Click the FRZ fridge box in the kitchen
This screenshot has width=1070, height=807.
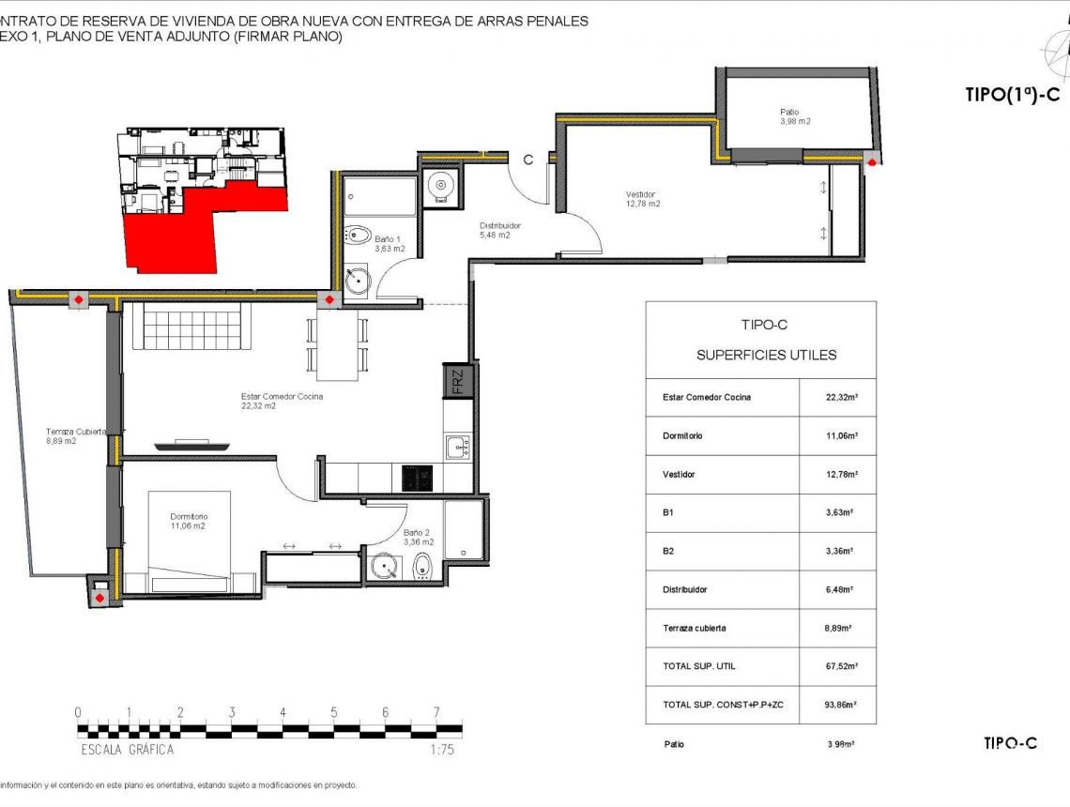coord(458,382)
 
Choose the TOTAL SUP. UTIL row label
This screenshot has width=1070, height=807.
coord(698,666)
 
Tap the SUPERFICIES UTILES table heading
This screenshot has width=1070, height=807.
coord(766,355)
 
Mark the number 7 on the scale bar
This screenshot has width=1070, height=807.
coord(436,712)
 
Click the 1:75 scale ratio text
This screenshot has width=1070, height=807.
coord(441,750)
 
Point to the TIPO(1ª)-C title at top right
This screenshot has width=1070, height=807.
coord(1012,94)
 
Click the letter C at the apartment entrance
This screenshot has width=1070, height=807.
coord(527,160)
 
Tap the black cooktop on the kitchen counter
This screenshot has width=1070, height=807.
coord(417,479)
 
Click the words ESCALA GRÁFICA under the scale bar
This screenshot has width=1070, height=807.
coord(127,750)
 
